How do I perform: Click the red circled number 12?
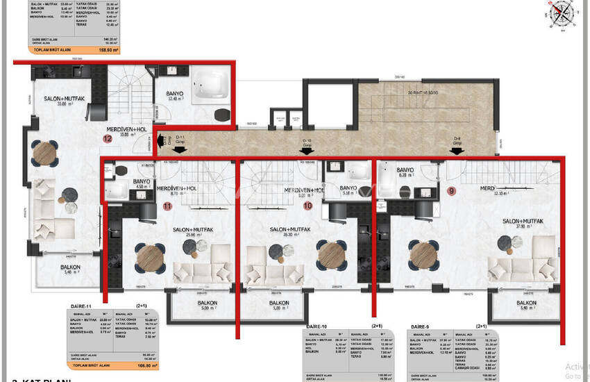tap(107, 138)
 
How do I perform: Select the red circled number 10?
tap(307, 206)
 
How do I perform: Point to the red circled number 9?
tap(452, 190)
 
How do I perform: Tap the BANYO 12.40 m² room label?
tap(174, 95)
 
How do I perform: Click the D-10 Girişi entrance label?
tap(305, 144)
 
